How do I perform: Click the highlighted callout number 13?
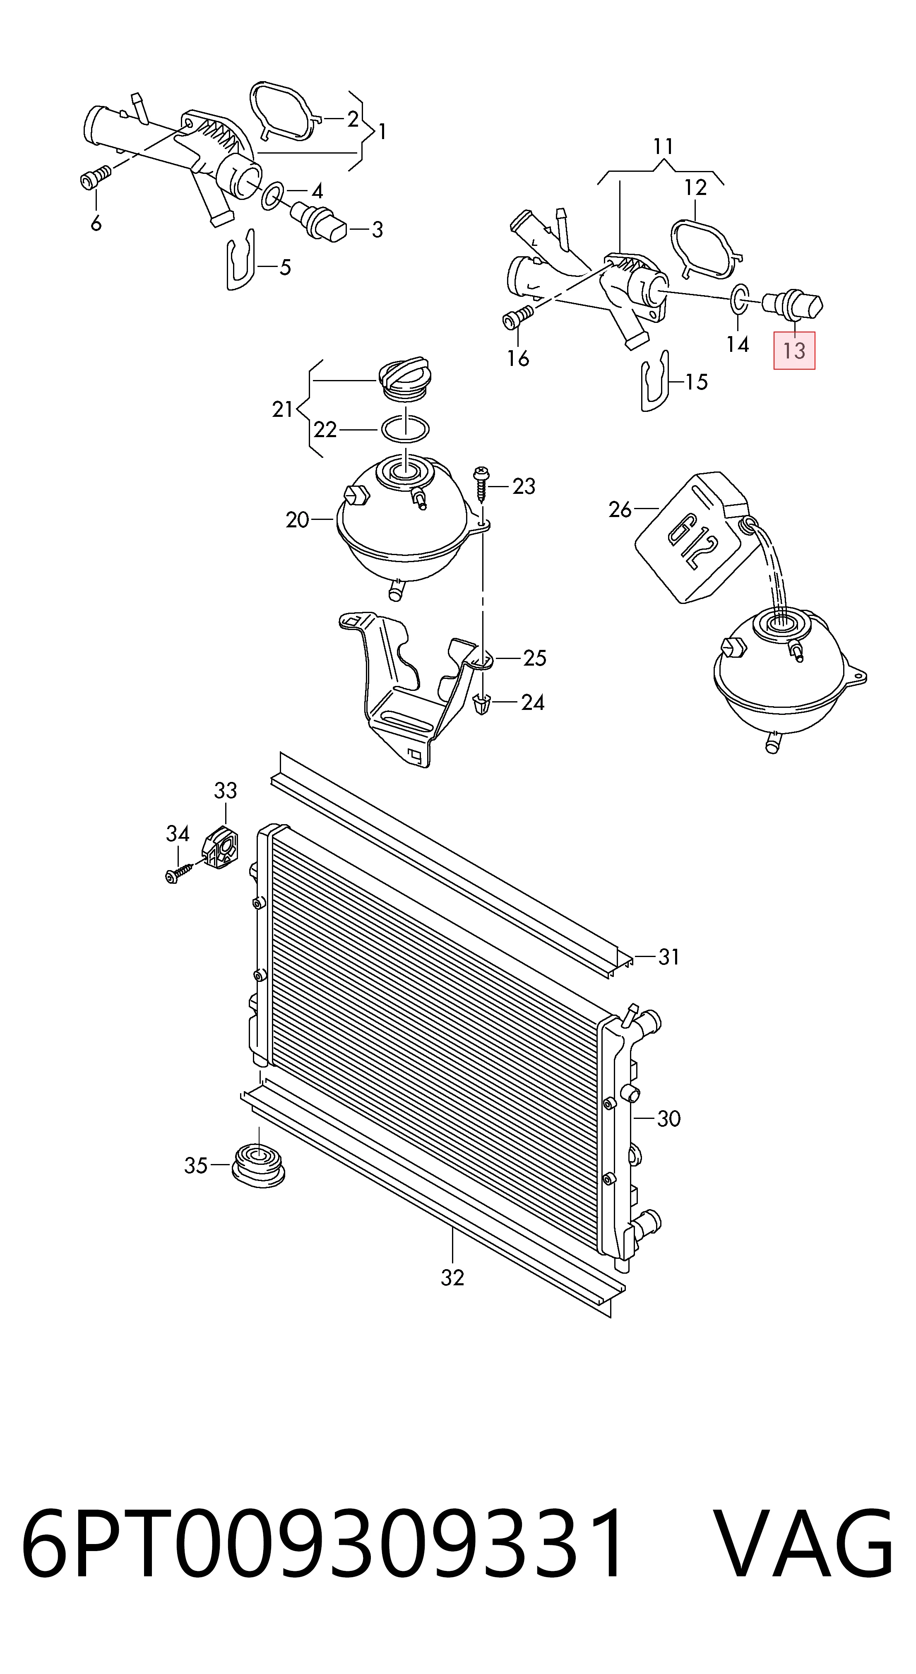click(x=794, y=351)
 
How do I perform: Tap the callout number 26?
click(x=620, y=510)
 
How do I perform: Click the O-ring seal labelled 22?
click(x=405, y=430)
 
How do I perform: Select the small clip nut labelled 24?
click(x=483, y=703)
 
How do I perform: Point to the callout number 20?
click(x=298, y=520)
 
